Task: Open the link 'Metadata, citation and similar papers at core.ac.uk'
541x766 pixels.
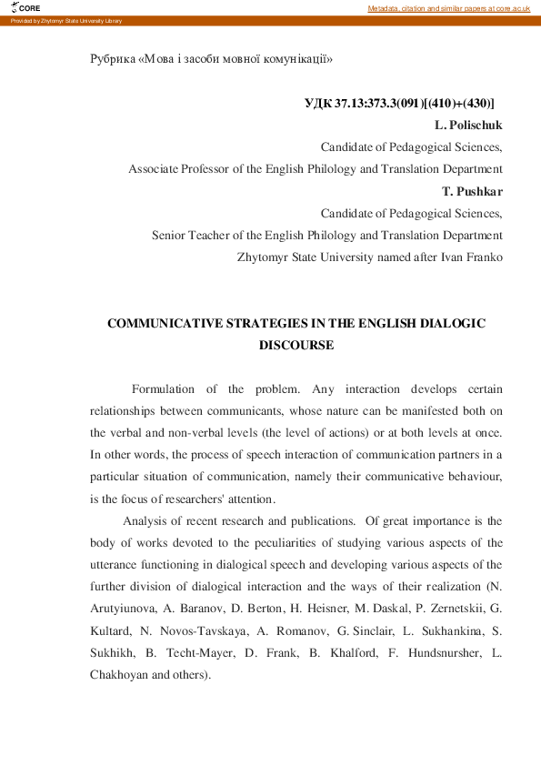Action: point(448,8)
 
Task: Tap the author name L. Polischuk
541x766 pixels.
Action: point(468,125)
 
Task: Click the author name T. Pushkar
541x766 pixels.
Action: point(472,191)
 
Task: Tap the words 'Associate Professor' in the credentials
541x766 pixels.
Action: point(181,169)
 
